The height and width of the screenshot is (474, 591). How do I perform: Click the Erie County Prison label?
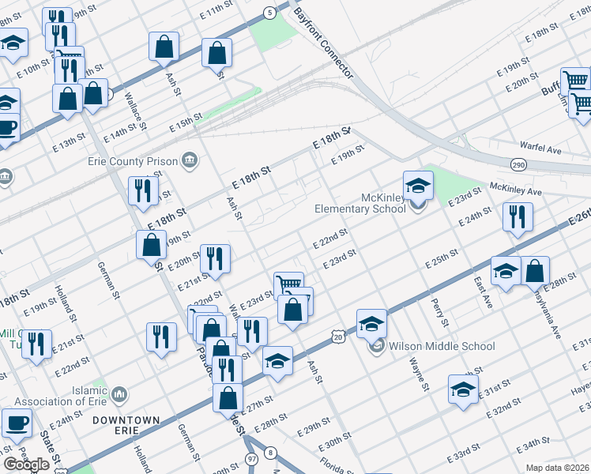point(132,161)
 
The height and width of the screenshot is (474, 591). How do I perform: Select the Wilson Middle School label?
point(442,346)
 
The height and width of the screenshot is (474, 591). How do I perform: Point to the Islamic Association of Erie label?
point(60,394)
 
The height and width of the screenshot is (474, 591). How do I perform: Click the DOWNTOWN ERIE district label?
point(126,425)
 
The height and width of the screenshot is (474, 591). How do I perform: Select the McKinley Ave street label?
point(516,190)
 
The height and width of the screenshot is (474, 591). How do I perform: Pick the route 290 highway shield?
point(518,164)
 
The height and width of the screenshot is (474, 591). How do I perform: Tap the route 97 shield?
point(251,458)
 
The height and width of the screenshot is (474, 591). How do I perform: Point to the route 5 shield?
point(270,12)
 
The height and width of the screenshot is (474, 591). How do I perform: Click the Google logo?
point(26,465)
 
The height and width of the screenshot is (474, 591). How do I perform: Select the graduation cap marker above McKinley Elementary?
point(418,186)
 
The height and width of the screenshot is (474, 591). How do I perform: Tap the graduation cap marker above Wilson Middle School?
point(371,324)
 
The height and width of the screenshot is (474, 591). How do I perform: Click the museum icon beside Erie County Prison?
point(189,161)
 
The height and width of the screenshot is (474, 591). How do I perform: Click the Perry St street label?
point(439,312)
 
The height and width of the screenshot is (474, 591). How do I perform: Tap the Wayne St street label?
point(419,373)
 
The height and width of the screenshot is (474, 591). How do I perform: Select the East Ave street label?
point(484,293)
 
